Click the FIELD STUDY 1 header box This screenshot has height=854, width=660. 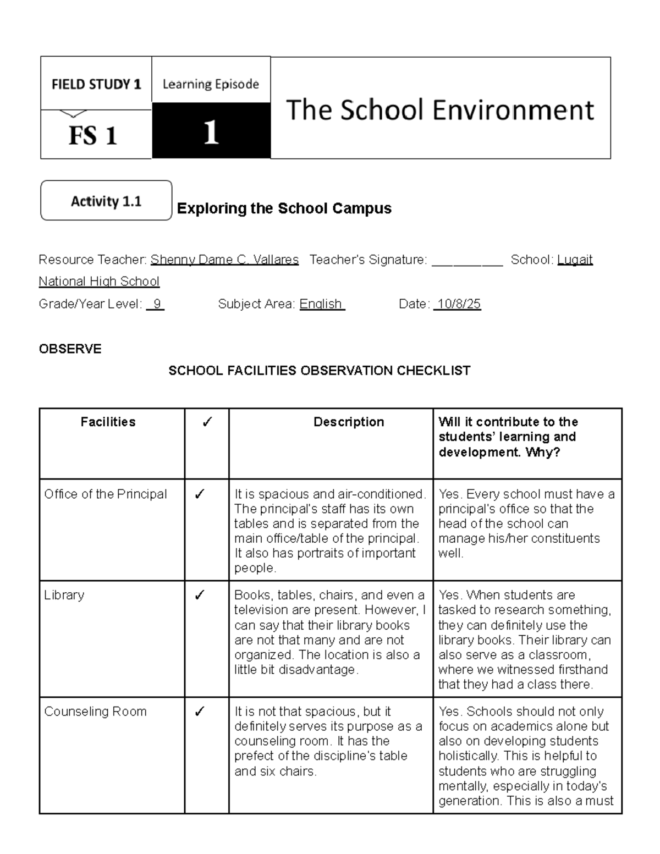(96, 84)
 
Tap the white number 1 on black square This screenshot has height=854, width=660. (211, 132)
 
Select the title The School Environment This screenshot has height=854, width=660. (440, 109)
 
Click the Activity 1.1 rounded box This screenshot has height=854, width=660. (106, 201)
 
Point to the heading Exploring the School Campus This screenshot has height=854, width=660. (284, 208)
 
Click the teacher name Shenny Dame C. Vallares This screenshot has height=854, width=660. (224, 260)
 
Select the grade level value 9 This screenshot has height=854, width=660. (156, 304)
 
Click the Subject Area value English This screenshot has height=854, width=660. (322, 304)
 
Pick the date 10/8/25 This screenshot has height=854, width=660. (458, 304)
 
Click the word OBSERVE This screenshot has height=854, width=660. (70, 349)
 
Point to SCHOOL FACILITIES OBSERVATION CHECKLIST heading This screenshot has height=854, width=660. (319, 371)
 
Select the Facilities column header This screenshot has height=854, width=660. (108, 422)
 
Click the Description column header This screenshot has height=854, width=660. (349, 422)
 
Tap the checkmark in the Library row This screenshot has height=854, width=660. (200, 595)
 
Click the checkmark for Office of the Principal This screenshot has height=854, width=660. (200, 494)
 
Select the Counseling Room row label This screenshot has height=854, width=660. (95, 712)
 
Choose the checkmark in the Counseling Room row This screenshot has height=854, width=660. (200, 712)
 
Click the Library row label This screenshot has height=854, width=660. (64, 595)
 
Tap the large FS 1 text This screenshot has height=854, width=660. (92, 135)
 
